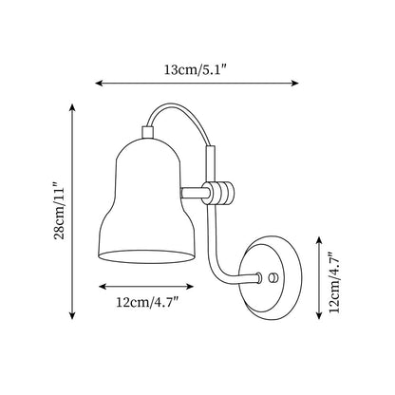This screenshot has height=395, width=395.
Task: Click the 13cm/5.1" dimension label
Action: [196, 69]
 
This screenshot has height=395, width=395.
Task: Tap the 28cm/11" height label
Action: [60, 211]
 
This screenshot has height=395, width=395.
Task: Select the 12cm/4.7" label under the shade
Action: [148, 303]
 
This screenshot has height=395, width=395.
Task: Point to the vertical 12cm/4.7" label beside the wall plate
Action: [334, 283]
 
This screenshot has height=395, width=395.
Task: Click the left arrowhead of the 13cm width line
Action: [99, 84]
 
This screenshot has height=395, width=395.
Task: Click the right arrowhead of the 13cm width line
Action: [295, 84]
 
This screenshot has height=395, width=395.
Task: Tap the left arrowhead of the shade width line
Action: [103, 287]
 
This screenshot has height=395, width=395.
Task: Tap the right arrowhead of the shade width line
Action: [189, 287]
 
